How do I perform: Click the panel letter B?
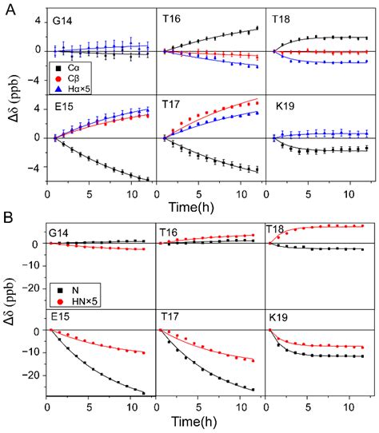tap(10, 216)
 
